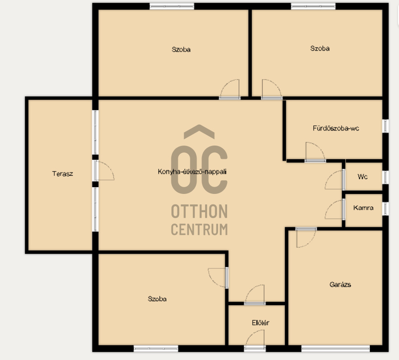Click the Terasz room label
pos(62,174)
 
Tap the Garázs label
pos(340,284)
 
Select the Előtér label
pos(260,323)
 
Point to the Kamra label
pos(363,208)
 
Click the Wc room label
pos(363,177)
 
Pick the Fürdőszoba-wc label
pos(336,128)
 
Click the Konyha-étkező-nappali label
pos(192,172)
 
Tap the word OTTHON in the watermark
pos(200,211)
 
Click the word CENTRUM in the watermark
pos(200,230)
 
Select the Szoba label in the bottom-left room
pos(157,299)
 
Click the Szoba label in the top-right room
pos(320,48)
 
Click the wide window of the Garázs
pos(336,349)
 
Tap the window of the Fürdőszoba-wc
pos(385,126)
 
